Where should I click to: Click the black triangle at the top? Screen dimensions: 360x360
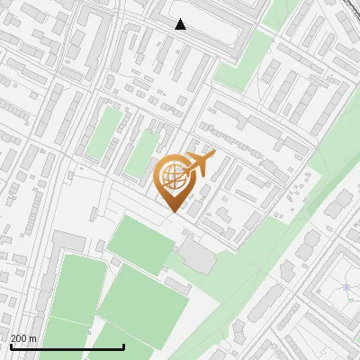pyautogui.click(x=181, y=24)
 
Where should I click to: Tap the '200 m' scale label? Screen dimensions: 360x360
pyautogui.click(x=24, y=338)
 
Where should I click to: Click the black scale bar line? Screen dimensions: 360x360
pyautogui.click(x=67, y=346)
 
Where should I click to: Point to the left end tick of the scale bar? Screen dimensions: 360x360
pyautogui.click(x=11, y=345)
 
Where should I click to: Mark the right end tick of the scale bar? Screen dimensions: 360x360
pyautogui.click(x=123, y=345)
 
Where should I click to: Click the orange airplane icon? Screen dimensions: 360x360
pyautogui.click(x=200, y=164)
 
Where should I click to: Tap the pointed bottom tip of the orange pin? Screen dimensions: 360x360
pyautogui.click(x=173, y=212)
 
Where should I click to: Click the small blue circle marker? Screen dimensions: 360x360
pyautogui.click(x=346, y=288)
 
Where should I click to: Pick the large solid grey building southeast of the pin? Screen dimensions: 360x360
pyautogui.click(x=197, y=256)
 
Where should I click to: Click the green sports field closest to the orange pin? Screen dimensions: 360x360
pyautogui.click(x=139, y=243)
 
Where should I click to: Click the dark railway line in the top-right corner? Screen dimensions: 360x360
pyautogui.click(x=346, y=7)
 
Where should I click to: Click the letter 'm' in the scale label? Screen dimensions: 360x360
pyautogui.click(x=33, y=338)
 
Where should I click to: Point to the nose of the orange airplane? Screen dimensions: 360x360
pyautogui.click(x=213, y=156)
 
